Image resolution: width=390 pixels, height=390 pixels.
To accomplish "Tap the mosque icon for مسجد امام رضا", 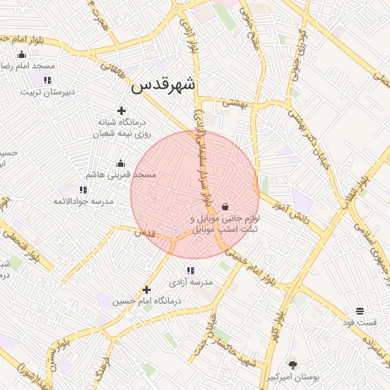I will point(21,55).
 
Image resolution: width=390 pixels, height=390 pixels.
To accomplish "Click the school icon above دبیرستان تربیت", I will point(47,80).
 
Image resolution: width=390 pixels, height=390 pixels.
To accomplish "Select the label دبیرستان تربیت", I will point(47,92).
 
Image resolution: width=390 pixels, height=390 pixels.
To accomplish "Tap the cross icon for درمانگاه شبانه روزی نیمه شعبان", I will point(121,110).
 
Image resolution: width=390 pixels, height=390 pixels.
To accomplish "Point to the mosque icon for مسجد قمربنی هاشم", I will point(120,163).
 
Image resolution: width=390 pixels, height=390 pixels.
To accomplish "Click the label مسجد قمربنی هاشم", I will point(121,174).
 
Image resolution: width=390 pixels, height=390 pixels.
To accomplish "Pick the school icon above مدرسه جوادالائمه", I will point(83,190).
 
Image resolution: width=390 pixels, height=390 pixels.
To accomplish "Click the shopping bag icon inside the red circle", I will point(225,206).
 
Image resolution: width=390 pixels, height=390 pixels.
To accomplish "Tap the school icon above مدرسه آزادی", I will point(190,270).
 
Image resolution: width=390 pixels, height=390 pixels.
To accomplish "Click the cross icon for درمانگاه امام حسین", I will point(147,289).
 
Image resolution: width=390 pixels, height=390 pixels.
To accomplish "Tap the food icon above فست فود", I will point(359,311).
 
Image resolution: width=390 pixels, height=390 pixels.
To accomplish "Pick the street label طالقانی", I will point(113,69).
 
